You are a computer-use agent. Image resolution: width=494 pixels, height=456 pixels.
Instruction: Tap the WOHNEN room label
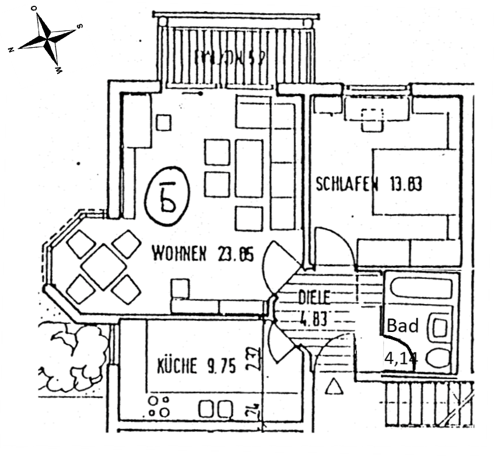179,254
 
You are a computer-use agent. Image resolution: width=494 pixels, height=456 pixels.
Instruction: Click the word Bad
403,326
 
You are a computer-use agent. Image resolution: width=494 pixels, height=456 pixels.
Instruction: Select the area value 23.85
235,254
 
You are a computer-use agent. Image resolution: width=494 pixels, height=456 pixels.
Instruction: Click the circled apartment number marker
166,195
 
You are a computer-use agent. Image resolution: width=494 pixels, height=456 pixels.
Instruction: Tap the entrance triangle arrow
334,386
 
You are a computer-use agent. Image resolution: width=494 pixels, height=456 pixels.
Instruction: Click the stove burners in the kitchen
159,406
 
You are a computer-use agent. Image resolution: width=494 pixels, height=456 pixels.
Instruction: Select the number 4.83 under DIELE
313,319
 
